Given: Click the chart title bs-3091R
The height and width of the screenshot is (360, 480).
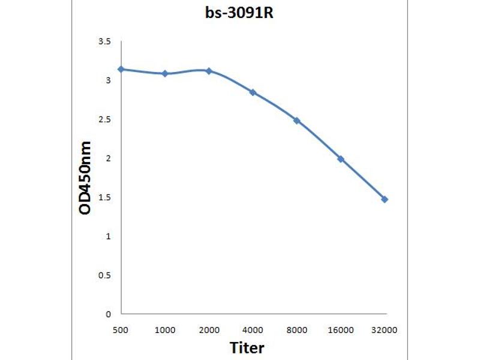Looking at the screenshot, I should [240, 13].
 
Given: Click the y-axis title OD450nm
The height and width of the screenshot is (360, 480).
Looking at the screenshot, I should [86, 178].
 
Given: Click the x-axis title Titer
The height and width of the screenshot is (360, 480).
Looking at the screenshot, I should [247, 347].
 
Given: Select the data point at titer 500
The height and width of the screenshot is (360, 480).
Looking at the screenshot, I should [121, 69].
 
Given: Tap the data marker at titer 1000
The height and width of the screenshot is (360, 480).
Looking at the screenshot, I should [165, 73].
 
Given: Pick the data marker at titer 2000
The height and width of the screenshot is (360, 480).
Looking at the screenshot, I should [209, 71].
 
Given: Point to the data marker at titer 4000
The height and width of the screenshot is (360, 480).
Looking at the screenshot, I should [253, 92].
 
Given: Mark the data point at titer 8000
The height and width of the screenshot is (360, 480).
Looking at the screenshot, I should [296, 121].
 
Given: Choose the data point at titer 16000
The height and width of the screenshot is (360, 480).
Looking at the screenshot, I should [341, 159].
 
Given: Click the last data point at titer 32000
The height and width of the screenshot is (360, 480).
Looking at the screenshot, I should [385, 199].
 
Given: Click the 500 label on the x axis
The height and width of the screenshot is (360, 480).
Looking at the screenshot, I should [121, 329].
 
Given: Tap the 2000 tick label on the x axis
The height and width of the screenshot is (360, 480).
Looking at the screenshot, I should [209, 329].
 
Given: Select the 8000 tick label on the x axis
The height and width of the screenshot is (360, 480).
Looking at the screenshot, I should [296, 329].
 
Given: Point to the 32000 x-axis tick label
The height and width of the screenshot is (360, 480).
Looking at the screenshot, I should [385, 329].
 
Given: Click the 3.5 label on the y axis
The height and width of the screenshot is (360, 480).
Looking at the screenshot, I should [105, 41].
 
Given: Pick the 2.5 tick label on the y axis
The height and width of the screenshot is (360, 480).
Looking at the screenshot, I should [105, 119].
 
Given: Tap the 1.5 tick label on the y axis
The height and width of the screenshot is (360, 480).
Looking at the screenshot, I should [105, 197].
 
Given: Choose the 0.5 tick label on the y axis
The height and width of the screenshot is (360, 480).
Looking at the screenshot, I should [105, 275].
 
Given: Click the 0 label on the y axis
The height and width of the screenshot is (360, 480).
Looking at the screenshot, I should [108, 314].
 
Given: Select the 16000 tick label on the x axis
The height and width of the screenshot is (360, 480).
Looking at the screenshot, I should [341, 329].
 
